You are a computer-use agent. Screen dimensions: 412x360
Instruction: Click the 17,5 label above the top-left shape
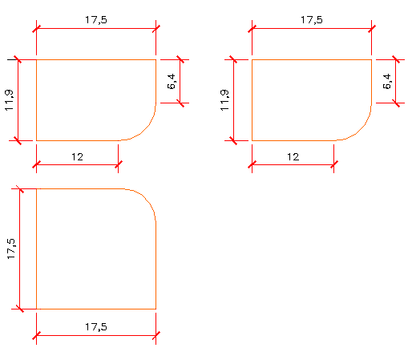(x=96, y=20)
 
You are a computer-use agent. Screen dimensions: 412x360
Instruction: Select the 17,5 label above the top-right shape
(x=312, y=20)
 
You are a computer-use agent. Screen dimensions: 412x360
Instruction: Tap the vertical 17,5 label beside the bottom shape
(x=11, y=249)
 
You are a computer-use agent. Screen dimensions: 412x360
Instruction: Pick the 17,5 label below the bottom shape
(x=96, y=327)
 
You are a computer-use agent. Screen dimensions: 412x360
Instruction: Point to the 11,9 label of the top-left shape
(x=9, y=100)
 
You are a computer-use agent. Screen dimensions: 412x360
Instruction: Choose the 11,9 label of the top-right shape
(x=224, y=100)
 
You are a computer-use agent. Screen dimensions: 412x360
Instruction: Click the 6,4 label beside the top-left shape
(x=172, y=81)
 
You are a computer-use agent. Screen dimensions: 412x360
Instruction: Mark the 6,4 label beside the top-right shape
(x=387, y=81)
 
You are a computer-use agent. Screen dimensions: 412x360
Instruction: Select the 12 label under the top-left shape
(x=77, y=157)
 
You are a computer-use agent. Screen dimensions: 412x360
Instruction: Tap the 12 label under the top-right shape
(x=293, y=157)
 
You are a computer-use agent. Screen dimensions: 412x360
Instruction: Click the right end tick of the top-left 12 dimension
(x=118, y=164)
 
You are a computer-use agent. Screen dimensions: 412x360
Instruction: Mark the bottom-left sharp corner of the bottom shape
(x=36, y=309)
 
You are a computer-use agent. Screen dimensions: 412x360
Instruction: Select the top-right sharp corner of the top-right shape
(x=371, y=59)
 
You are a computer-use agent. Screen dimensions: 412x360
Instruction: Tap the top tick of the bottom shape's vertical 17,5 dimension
(x=19, y=188)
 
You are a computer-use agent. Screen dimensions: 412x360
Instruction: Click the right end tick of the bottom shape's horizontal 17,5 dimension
(x=156, y=335)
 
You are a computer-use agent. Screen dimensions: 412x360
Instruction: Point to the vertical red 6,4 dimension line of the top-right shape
(x=395, y=81)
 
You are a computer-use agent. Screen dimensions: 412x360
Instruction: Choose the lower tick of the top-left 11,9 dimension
(x=18, y=140)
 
